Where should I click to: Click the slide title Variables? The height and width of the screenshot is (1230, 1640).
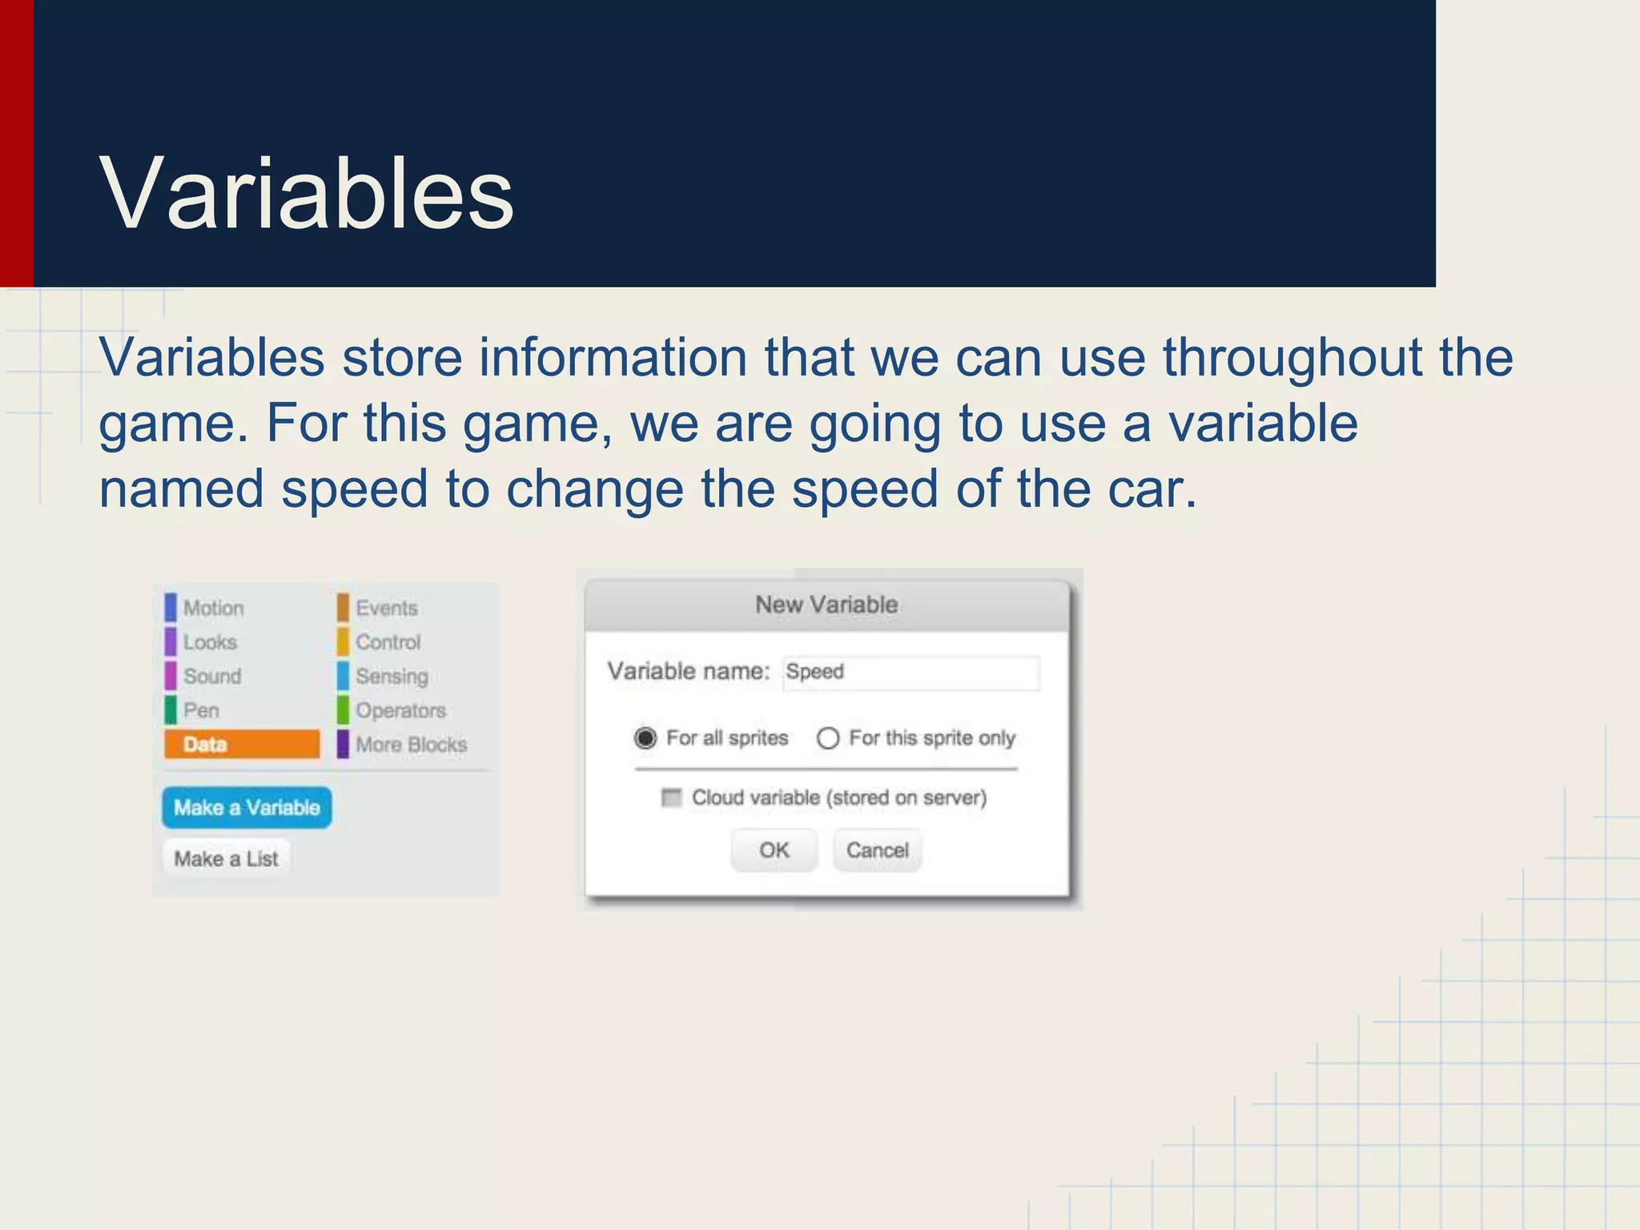pyautogui.click(x=306, y=195)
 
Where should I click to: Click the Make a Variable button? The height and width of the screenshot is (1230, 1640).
pyautogui.click(x=247, y=807)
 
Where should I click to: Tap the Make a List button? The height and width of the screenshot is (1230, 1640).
pyautogui.click(x=227, y=858)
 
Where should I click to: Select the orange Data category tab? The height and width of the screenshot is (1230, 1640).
pyautogui.click(x=242, y=744)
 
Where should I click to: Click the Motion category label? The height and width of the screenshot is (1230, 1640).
pyautogui.click(x=213, y=608)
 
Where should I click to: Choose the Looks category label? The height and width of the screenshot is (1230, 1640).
pyautogui.click(x=210, y=642)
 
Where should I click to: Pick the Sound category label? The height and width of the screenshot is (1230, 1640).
pyautogui.click(x=212, y=676)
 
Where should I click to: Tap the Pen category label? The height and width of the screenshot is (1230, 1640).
pyautogui.click(x=201, y=710)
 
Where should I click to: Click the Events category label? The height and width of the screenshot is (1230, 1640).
pyautogui.click(x=387, y=608)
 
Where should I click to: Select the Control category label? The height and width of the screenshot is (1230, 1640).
pyautogui.click(x=388, y=642)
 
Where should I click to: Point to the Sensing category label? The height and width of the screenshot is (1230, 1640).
pyautogui.click(x=392, y=676)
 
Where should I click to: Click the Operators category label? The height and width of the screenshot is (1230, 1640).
pyautogui.click(x=400, y=710)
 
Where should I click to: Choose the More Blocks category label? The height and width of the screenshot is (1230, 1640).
pyautogui.click(x=411, y=744)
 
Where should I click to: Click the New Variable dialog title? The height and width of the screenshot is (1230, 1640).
pyautogui.click(x=826, y=605)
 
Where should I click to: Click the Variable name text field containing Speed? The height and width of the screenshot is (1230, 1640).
pyautogui.click(x=911, y=672)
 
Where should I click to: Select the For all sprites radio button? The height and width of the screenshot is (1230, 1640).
pyautogui.click(x=645, y=738)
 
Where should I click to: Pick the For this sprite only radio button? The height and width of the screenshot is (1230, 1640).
pyautogui.click(x=828, y=738)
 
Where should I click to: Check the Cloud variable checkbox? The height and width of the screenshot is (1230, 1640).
pyautogui.click(x=671, y=798)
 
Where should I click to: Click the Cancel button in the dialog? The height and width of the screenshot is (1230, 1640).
pyautogui.click(x=878, y=850)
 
